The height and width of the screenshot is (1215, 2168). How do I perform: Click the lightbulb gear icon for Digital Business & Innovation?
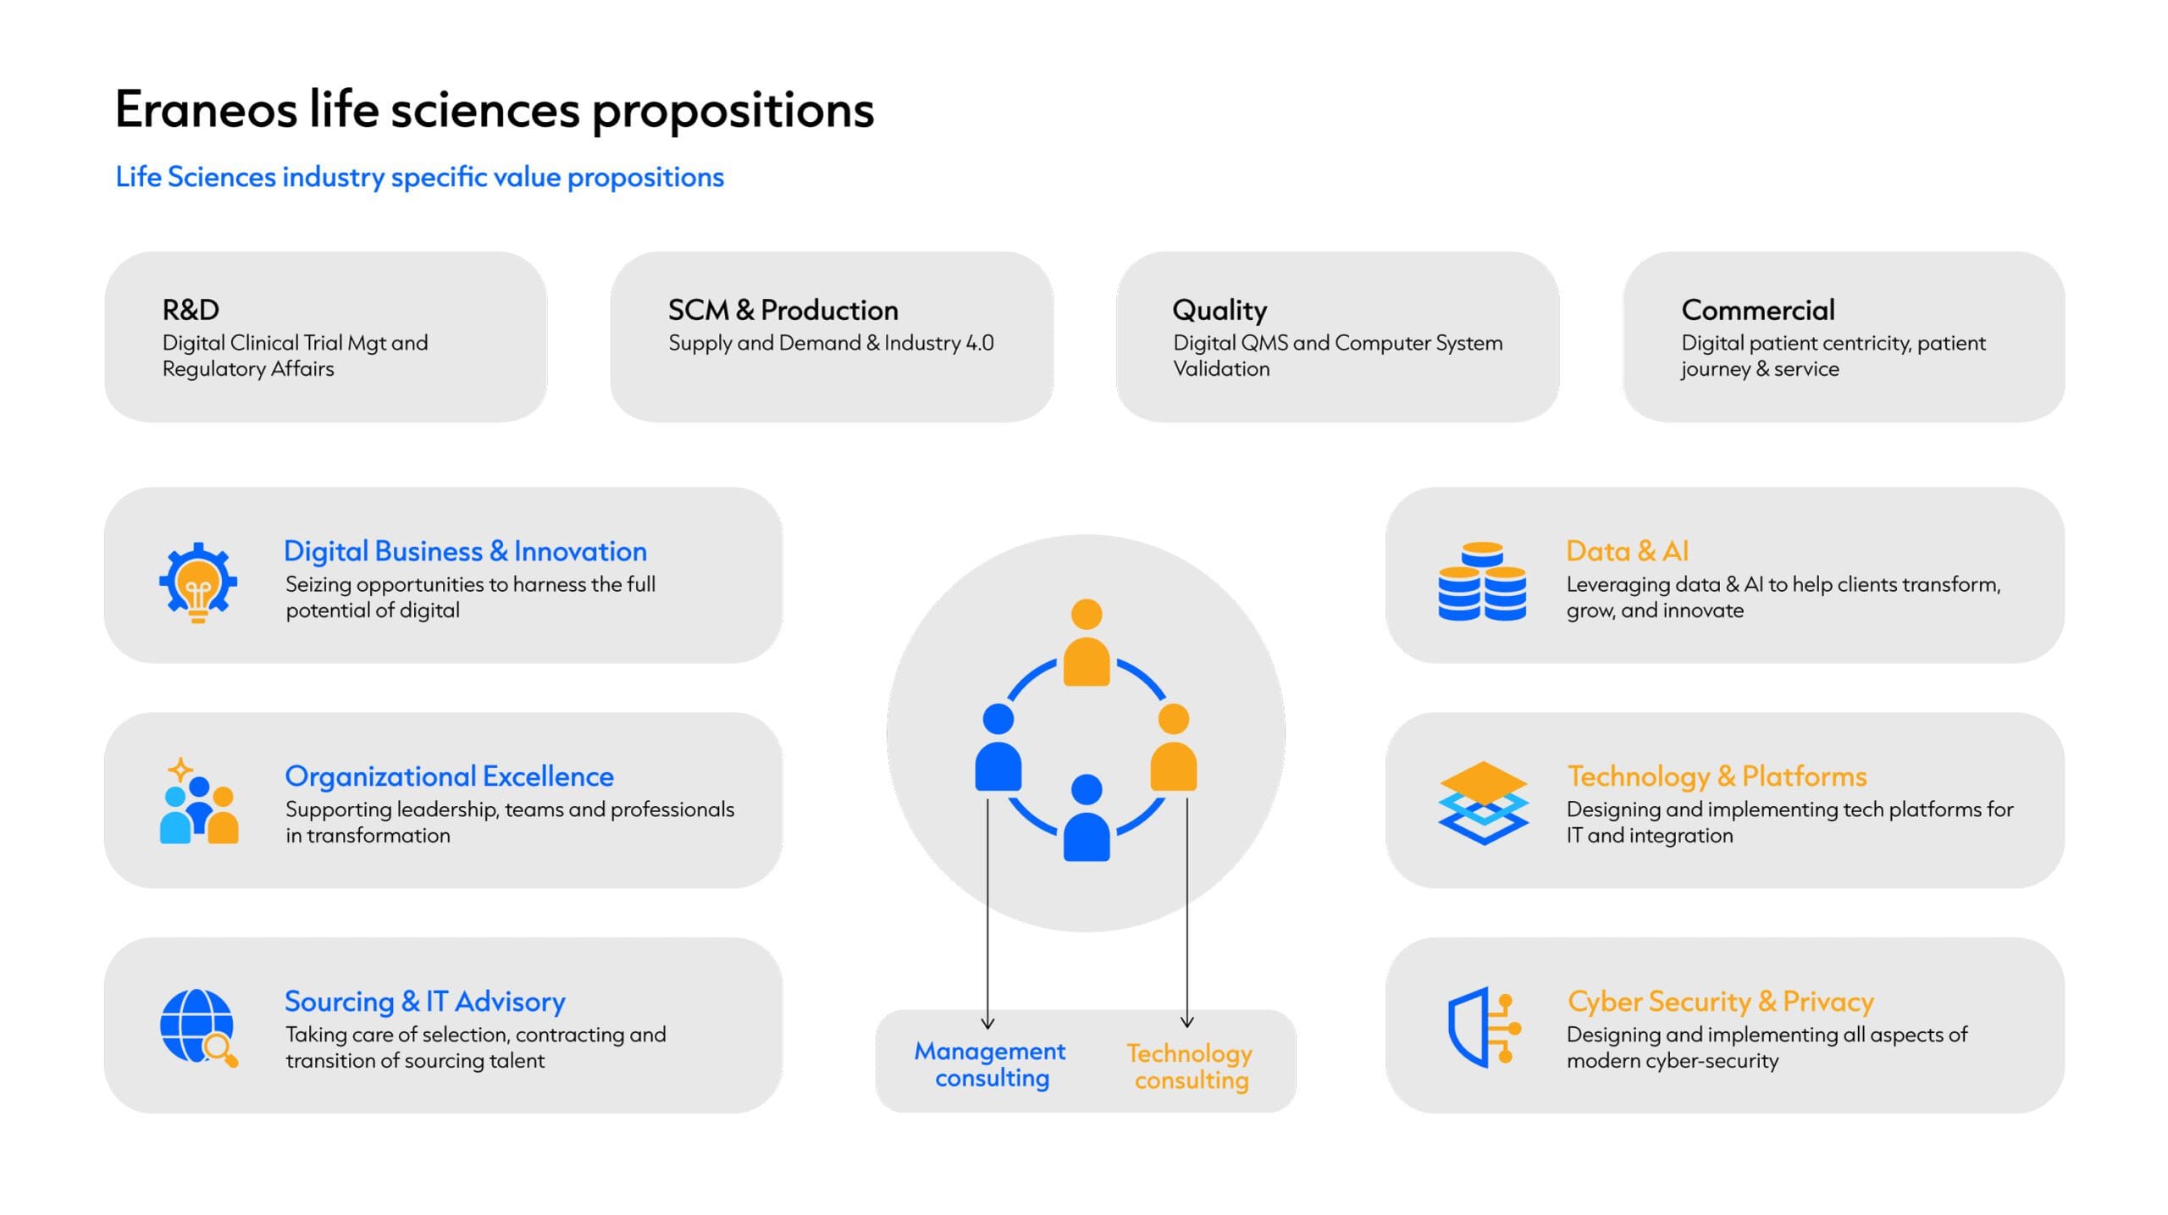pos(198,583)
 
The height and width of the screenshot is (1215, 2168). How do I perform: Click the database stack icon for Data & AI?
pos(1482,581)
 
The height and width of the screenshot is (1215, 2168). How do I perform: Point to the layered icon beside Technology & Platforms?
pos(1483,803)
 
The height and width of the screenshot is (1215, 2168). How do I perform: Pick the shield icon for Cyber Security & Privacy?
pos(1484,1027)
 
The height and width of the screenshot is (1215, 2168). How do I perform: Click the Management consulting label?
pos(990,1064)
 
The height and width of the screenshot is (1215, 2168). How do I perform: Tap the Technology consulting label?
pos(1190,1066)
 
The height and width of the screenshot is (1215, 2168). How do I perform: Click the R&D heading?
pos(191,310)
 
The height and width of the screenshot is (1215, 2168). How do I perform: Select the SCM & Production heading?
pos(783,310)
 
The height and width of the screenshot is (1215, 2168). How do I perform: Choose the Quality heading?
pos(1219,311)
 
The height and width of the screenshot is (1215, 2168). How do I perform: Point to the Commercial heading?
pos(1758,310)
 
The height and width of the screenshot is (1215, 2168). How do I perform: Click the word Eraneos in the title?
pos(206,110)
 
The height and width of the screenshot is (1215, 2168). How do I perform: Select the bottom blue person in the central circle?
pos(1087,817)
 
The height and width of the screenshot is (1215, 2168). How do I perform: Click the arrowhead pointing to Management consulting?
pos(987,1023)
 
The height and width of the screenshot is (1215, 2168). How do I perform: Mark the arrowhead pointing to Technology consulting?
pos(1187,1021)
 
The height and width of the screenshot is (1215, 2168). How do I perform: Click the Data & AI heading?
pos(1627,551)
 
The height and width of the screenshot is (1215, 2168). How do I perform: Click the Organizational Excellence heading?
pos(449,776)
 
